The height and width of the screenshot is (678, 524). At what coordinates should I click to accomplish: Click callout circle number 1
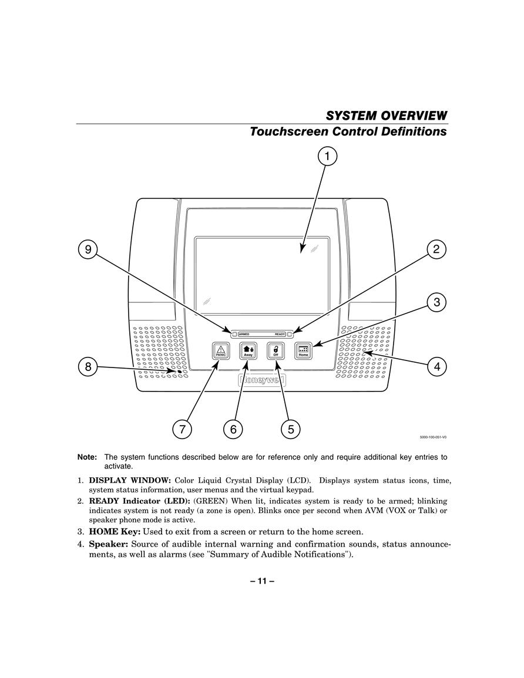pyautogui.click(x=328, y=156)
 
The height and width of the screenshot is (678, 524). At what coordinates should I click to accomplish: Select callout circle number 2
pyautogui.click(x=436, y=249)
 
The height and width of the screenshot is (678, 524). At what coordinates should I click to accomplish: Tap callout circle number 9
pyautogui.click(x=88, y=249)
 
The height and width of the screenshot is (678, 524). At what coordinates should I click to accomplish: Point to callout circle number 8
pyautogui.click(x=88, y=367)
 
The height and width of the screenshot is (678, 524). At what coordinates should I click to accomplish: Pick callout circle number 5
pyautogui.click(x=290, y=429)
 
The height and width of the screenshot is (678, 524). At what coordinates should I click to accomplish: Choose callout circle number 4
pyautogui.click(x=436, y=367)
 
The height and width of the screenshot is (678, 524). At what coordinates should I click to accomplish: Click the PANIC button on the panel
pyautogui.click(x=221, y=350)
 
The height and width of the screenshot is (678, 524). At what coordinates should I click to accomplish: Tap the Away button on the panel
pyautogui.click(x=248, y=350)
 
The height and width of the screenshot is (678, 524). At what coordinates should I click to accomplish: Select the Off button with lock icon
pyautogui.click(x=276, y=350)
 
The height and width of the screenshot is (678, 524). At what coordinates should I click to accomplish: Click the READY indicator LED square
pyautogui.click(x=290, y=334)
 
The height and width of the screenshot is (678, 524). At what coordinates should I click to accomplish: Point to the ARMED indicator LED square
pyautogui.click(x=234, y=334)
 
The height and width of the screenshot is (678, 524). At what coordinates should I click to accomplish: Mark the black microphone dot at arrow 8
pyautogui.click(x=180, y=372)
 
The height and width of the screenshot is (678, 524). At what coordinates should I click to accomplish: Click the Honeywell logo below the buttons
pyautogui.click(x=261, y=380)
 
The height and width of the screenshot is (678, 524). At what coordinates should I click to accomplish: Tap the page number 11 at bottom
pyautogui.click(x=262, y=581)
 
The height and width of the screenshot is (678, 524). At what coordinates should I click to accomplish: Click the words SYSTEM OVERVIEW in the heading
pyautogui.click(x=387, y=116)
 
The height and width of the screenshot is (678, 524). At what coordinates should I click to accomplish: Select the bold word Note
pyautogui.click(x=87, y=457)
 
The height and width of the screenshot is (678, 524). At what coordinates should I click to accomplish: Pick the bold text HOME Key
pyautogui.click(x=115, y=531)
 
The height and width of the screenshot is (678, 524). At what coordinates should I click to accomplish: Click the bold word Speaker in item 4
pyautogui.click(x=109, y=544)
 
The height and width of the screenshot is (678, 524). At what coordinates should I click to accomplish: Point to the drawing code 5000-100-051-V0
pyautogui.click(x=433, y=437)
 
